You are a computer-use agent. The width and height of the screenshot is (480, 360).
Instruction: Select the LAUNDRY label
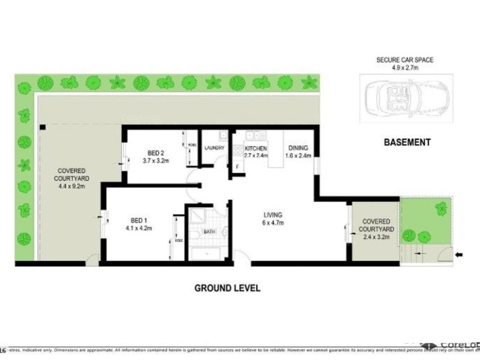(x=214, y=148)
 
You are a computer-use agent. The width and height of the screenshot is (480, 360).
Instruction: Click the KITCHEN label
(x=255, y=148)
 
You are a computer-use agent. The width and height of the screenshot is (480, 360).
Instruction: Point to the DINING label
(x=298, y=148)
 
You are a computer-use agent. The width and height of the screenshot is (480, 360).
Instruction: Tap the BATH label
(x=209, y=231)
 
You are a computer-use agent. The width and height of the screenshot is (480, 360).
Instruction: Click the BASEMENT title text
(x=408, y=142)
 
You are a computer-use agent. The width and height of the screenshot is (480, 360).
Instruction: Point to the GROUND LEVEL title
(x=227, y=288)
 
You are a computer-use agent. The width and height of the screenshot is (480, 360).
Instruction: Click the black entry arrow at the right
(x=460, y=255)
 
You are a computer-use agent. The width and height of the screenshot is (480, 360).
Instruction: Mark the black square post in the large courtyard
(x=43, y=127)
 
